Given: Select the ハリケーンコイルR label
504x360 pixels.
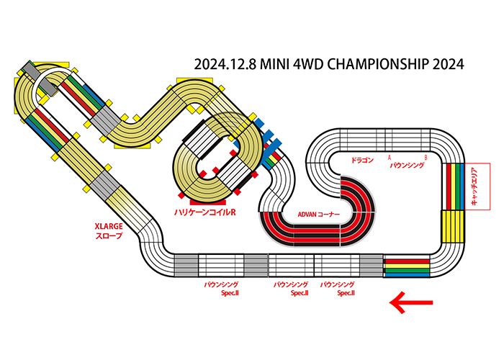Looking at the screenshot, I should (205, 212).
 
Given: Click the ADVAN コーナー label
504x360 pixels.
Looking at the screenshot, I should (318, 215).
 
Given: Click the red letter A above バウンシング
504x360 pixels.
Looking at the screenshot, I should (389, 156).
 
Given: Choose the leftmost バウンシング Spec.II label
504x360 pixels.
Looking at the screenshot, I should (222, 289).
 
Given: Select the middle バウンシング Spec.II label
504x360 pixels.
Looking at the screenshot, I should (290, 289).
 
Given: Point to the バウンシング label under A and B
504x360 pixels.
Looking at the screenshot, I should (406, 166).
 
